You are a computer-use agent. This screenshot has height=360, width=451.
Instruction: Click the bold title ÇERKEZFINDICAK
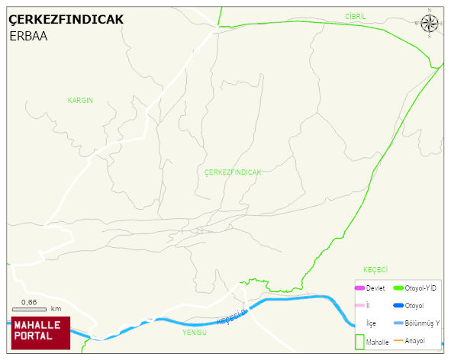point(66,20)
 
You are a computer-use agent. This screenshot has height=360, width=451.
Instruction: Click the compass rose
point(430,24)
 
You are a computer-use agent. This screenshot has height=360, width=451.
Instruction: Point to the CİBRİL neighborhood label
point(356,16)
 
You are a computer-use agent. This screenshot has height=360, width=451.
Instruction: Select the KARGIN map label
point(80,101)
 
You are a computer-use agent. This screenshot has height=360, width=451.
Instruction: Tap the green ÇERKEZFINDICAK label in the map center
point(233,172)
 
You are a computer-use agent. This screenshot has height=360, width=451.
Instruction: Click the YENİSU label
point(195,333)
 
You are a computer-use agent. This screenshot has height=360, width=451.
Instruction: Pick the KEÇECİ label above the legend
point(375,270)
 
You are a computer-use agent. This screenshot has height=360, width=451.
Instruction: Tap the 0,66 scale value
point(29,302)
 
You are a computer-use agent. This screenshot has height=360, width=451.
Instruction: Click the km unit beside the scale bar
point(56,309)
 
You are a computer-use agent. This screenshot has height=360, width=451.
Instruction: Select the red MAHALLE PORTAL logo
point(41,333)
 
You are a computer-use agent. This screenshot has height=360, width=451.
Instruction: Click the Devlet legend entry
point(375,288)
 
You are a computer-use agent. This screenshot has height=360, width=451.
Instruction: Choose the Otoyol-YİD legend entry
point(420,288)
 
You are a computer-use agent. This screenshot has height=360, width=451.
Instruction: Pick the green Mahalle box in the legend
point(359,342)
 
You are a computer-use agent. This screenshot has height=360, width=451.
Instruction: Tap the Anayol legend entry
point(414,340)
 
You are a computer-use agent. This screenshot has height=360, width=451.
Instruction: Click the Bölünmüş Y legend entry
point(422,323)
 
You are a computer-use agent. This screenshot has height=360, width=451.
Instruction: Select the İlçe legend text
point(372,323)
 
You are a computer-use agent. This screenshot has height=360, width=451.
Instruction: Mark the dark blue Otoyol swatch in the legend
point(398,306)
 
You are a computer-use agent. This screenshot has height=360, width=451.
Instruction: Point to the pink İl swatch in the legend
point(359,306)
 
